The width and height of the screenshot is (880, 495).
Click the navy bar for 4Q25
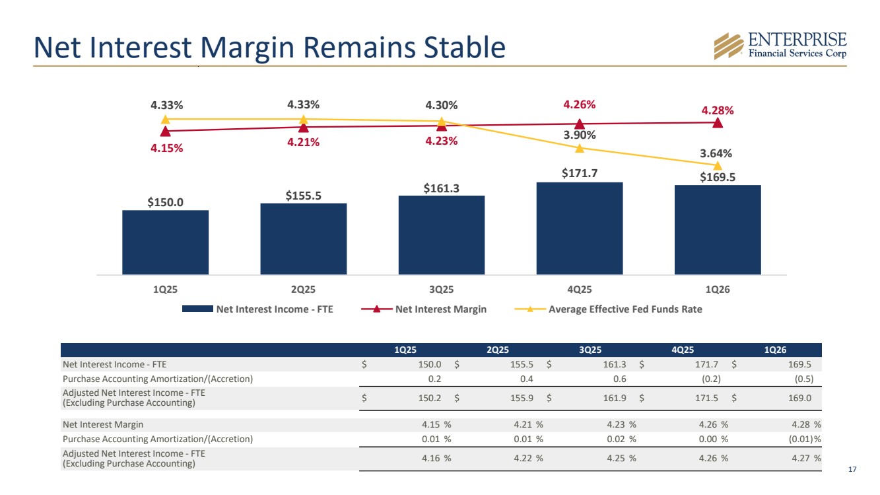(580, 229)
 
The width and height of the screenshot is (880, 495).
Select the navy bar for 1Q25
(166, 243)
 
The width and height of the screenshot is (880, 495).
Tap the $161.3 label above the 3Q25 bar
(441, 188)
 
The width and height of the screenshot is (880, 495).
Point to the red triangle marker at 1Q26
(718, 123)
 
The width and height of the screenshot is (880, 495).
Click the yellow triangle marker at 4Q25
(580, 148)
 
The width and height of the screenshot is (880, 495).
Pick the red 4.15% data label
(166, 148)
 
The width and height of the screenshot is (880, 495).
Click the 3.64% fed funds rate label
(716, 153)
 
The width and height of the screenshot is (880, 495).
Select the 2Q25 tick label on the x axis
(303, 289)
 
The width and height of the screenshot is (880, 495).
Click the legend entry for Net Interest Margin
(424, 309)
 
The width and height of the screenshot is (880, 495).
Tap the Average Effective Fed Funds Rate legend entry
(608, 309)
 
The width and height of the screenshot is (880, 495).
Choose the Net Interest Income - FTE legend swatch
(197, 309)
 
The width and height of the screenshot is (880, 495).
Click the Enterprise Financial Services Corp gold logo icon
(729, 46)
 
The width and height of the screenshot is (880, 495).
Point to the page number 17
(852, 469)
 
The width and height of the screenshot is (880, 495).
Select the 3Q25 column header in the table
(590, 350)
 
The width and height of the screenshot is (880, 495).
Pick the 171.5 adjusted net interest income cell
(706, 399)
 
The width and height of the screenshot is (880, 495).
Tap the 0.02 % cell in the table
(621, 439)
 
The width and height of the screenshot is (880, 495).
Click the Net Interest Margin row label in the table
(103, 425)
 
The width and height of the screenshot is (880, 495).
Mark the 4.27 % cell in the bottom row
(806, 459)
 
